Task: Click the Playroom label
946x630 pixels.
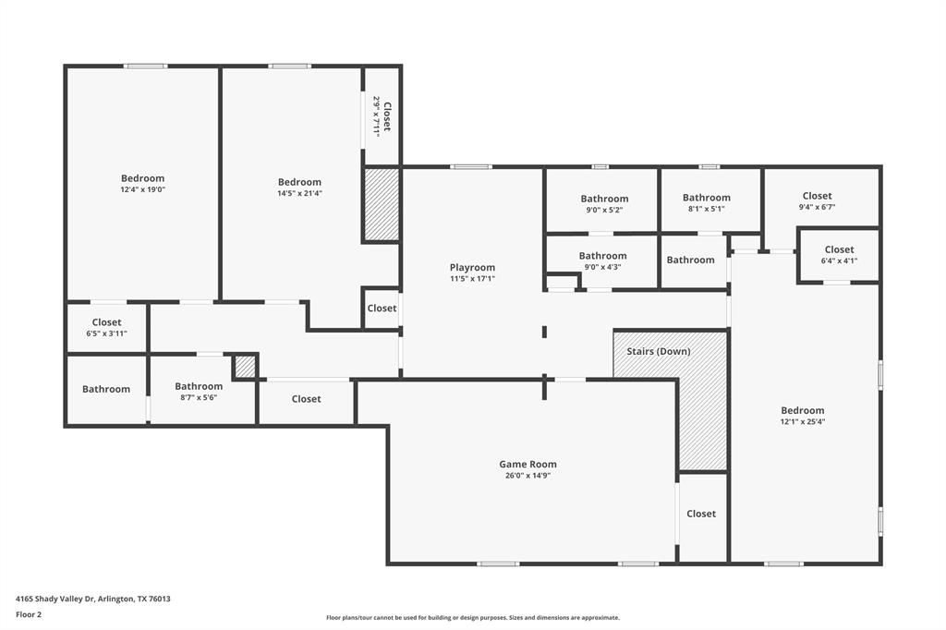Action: pos(472,267)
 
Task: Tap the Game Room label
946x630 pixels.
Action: pos(528,465)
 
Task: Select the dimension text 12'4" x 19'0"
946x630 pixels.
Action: pos(142,189)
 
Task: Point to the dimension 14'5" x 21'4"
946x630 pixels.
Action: pos(299,193)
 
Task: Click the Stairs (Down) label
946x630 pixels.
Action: pos(658,351)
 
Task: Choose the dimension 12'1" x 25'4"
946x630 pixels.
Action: pos(802,421)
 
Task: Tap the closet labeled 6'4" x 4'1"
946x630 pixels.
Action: pos(839,254)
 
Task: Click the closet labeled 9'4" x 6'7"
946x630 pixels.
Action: pos(817,200)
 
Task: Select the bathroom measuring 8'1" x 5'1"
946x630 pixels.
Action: pos(706,202)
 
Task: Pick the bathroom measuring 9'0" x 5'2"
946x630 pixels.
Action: pos(604,203)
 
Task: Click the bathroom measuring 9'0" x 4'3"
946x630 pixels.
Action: pos(602,260)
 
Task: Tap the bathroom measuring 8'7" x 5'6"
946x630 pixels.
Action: pos(199,392)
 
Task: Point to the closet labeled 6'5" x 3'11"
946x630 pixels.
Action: pos(106,327)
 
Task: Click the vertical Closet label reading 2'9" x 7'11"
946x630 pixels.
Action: pos(382,115)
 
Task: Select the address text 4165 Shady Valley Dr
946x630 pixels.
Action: pos(92,599)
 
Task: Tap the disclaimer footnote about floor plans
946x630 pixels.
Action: pos(472,618)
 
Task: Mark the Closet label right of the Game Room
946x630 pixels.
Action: pos(701,514)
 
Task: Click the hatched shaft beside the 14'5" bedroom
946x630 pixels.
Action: pos(381,204)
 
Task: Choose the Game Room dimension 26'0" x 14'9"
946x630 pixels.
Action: pos(528,476)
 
